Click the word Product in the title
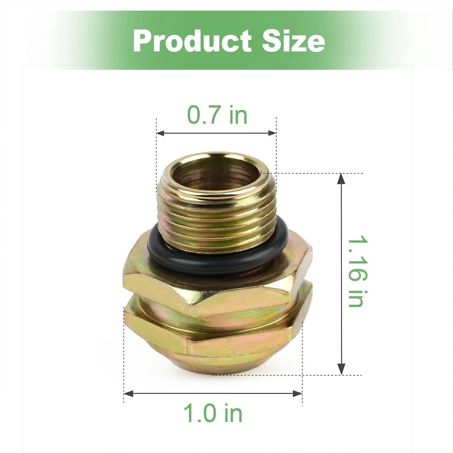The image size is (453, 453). point(192,41)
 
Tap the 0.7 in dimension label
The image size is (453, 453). point(217,115)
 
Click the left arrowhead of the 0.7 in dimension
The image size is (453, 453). point(160,133)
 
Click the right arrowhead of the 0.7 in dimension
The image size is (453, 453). point(272,133)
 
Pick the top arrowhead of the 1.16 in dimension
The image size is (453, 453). point(341,179)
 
